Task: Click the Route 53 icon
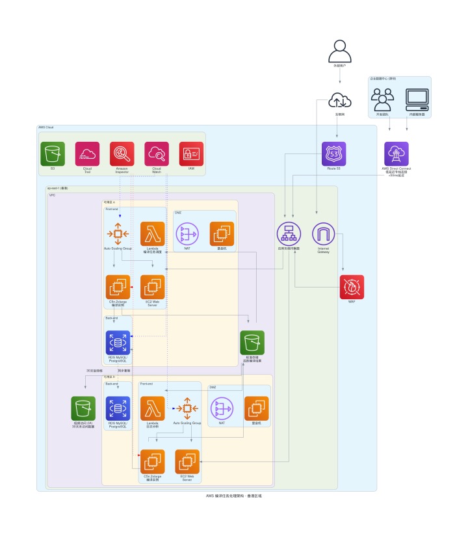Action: click(334, 154)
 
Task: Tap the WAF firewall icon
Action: click(352, 287)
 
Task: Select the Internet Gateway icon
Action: click(324, 234)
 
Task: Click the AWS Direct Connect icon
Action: click(396, 154)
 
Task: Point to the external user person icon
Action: click(340, 51)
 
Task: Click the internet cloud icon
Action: click(340, 100)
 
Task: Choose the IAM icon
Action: click(191, 154)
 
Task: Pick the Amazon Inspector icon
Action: click(122, 154)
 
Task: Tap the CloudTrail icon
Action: click(87, 154)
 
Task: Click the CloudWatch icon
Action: click(157, 154)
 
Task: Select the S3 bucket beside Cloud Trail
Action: click(52, 154)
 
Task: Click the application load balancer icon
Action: click(289, 234)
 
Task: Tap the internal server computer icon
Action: click(417, 99)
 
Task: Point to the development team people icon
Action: click(382, 99)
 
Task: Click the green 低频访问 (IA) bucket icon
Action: click(83, 408)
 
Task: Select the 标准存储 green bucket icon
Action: click(252, 342)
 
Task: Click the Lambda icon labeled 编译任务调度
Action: click(153, 234)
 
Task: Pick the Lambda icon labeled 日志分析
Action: click(153, 408)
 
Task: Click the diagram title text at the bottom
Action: click(233, 496)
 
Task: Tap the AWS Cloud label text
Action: click(45, 127)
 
